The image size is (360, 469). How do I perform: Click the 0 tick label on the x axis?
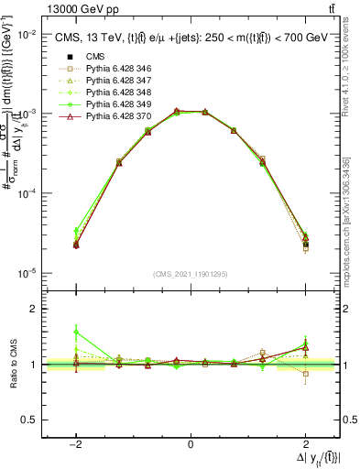point(191,443)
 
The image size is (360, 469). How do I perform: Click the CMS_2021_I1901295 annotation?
point(191,272)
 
